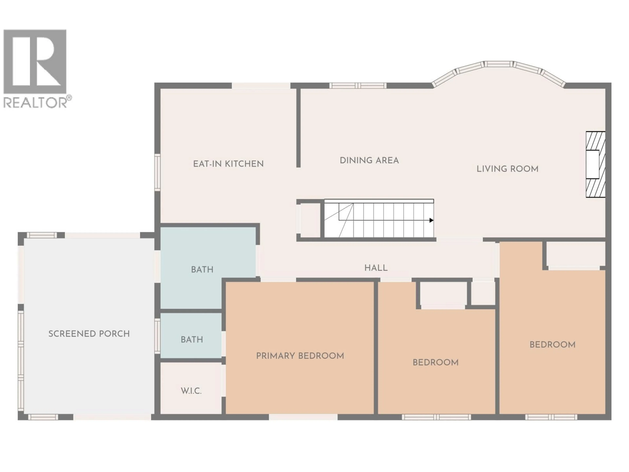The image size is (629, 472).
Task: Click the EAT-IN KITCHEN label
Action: (228, 164)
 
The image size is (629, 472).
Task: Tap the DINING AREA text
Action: (369, 160)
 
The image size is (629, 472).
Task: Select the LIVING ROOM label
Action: (507, 169)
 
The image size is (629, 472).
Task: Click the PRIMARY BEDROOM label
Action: (300, 356)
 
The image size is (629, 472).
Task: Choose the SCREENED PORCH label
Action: (89, 334)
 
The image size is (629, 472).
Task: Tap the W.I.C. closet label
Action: (191, 391)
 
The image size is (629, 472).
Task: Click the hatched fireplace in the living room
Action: (595, 164)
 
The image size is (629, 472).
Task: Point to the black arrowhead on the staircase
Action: (431, 220)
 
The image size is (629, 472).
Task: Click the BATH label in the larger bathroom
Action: (202, 269)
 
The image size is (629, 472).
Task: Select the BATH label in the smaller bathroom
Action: (192, 339)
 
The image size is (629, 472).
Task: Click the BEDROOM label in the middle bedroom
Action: (435, 363)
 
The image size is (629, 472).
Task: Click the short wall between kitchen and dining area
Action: (298, 128)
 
